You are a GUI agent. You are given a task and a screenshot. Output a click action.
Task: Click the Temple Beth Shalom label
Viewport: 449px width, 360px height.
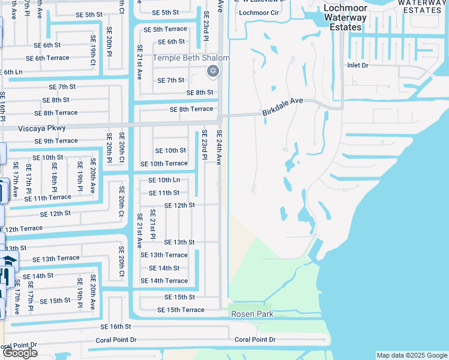pyautogui.click(x=191, y=58)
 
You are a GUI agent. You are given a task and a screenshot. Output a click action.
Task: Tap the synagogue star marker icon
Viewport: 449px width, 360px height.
pyautogui.click(x=212, y=72)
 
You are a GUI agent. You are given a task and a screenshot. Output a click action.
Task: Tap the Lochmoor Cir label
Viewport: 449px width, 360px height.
pyautogui.click(x=259, y=12)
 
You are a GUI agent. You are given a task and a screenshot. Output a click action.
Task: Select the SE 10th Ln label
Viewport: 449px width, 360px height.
pyautogui.click(x=164, y=180)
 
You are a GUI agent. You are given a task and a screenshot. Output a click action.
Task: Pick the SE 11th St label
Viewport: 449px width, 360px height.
pyautogui.click(x=164, y=193)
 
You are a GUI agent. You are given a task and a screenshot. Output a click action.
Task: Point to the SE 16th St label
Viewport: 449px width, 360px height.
pyautogui.click(x=116, y=326)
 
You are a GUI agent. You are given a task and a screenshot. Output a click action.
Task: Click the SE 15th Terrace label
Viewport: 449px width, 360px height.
pyautogui.click(x=181, y=310)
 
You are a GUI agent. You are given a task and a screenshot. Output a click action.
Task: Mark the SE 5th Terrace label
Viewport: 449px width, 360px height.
pyautogui.click(x=165, y=29)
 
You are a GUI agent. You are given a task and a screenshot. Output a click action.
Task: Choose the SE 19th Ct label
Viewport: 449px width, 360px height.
pyautogui.click(x=94, y=54)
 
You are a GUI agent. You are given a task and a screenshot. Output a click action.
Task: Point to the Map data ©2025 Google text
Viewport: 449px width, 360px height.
pyautogui.click(x=411, y=355)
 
